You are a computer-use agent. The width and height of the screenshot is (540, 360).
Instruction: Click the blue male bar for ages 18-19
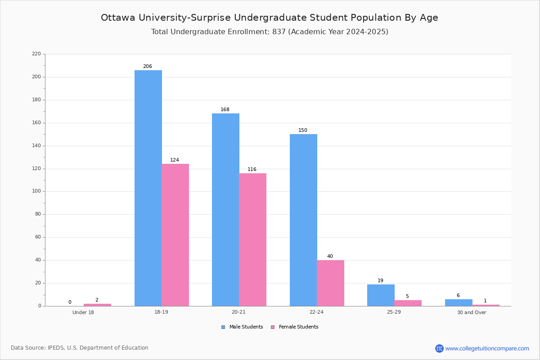pos(148,188)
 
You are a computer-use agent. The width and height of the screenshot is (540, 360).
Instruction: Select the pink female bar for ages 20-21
pos(252,240)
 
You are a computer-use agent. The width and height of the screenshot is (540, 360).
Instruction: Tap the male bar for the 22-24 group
pos(303,220)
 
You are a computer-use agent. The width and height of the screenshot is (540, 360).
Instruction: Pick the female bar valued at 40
pos(330,283)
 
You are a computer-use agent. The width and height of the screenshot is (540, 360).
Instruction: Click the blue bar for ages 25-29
pos(381,295)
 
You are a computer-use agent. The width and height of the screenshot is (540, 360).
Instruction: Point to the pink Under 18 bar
pos(97,305)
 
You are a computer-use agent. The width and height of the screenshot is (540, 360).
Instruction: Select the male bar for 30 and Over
pos(459,302)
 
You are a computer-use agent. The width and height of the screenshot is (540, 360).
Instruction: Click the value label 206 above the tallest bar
pos(148,66)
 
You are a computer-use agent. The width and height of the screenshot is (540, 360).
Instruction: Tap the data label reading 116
pos(252,169)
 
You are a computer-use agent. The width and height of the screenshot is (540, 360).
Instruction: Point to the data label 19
pos(380,280)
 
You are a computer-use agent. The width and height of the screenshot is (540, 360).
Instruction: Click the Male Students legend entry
pos(242,327)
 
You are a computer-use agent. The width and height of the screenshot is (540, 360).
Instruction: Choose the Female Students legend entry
pos(295,327)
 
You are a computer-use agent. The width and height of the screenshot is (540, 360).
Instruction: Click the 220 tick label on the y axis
pos(36,54)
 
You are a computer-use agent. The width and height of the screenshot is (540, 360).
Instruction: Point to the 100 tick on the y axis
pos(36,191)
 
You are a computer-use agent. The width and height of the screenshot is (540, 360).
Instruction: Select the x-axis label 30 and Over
pos(472,312)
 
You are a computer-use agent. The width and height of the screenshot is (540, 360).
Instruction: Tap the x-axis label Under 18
pos(83,312)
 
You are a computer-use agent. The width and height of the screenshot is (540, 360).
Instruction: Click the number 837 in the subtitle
pos(279,31)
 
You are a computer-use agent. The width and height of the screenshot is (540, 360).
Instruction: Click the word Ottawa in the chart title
pos(118,18)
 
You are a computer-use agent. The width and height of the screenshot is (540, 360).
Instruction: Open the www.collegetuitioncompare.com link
pos(487,348)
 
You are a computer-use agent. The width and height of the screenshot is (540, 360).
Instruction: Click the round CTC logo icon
pos(439,348)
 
